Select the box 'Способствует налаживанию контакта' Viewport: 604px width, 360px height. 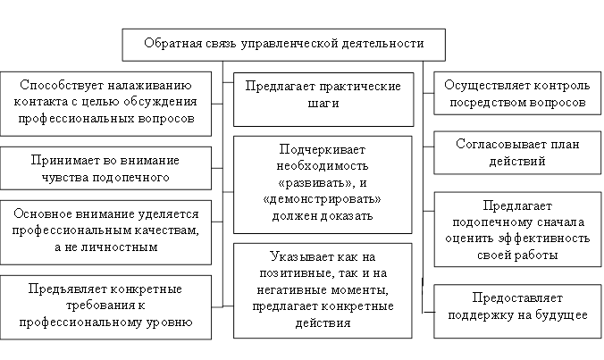106,102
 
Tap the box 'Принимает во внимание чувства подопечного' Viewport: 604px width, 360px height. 106,168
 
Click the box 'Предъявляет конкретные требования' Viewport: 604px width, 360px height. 106,305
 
